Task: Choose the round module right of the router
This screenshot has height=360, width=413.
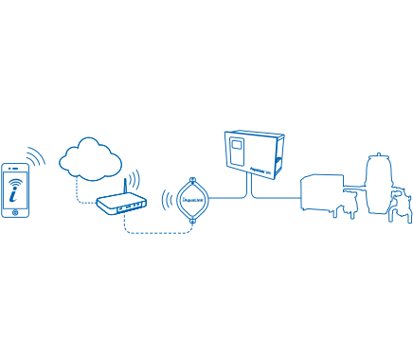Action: click(x=191, y=199)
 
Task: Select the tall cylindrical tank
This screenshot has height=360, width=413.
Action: click(x=378, y=184)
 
